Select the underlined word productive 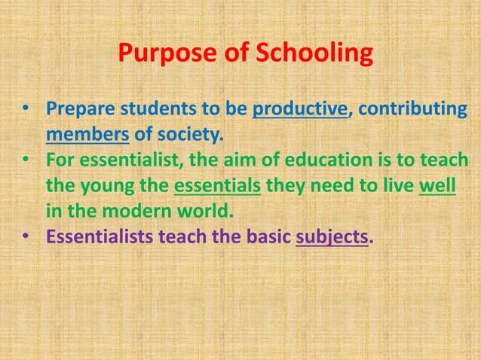[x=299, y=110]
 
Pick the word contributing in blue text [x=412, y=110]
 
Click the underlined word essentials [x=217, y=186]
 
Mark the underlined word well [x=437, y=186]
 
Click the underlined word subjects [x=332, y=237]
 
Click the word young [x=105, y=186]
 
